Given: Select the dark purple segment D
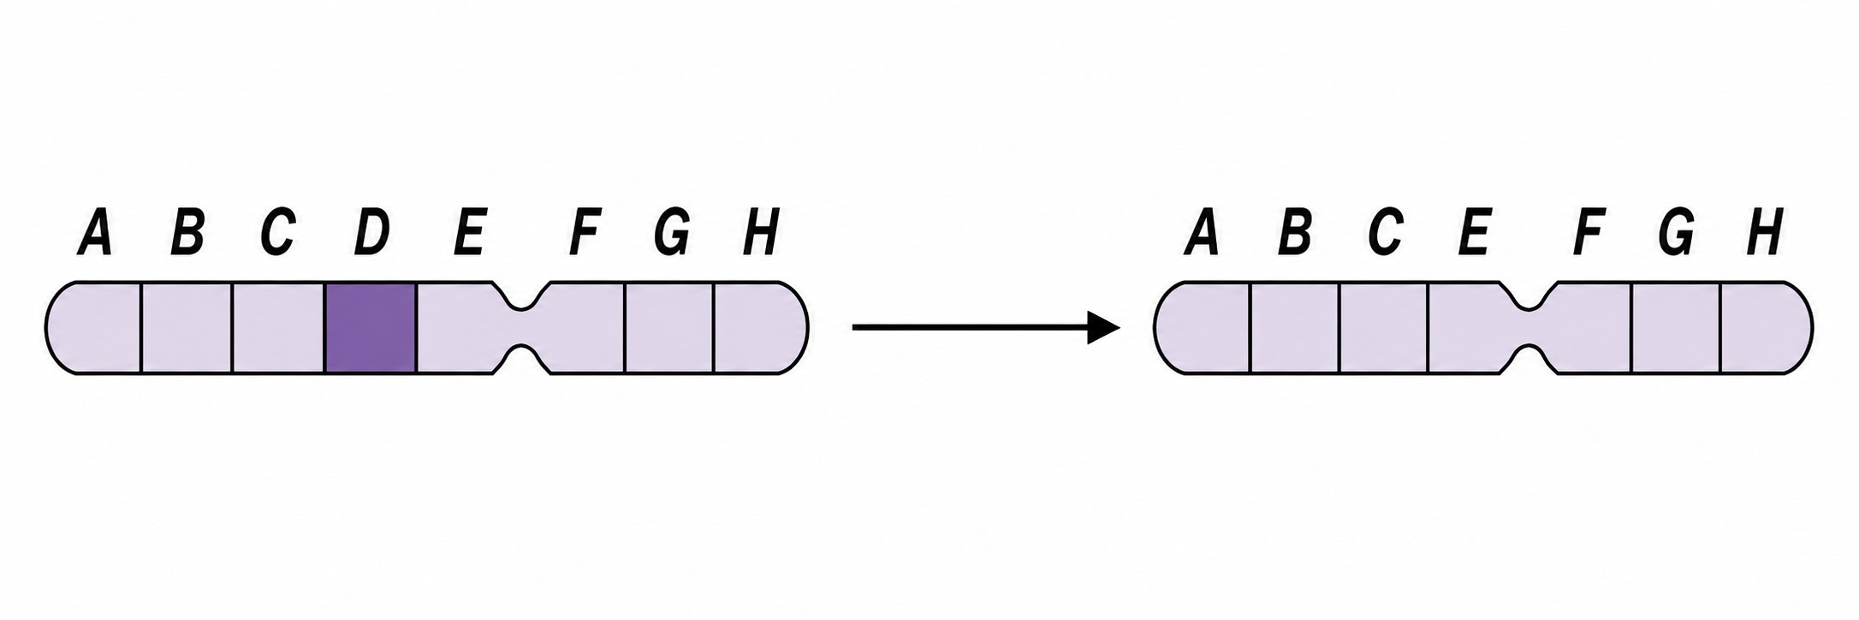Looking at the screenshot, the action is pos(371,327).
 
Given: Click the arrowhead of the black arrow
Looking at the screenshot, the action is pos(1103,327).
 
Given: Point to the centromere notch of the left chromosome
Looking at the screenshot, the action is pos(521,327).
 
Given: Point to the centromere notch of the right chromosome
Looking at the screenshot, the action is pos(1529,327).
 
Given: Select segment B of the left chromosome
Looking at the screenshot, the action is pos(187,327).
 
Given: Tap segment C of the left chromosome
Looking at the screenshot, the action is pos(279,327).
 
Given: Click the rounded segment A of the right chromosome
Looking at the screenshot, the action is pos(1202,327).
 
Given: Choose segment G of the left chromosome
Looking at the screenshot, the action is pos(669,327).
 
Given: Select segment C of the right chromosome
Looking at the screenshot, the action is pos(1384,327).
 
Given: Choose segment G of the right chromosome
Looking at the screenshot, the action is pos(1676,327).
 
